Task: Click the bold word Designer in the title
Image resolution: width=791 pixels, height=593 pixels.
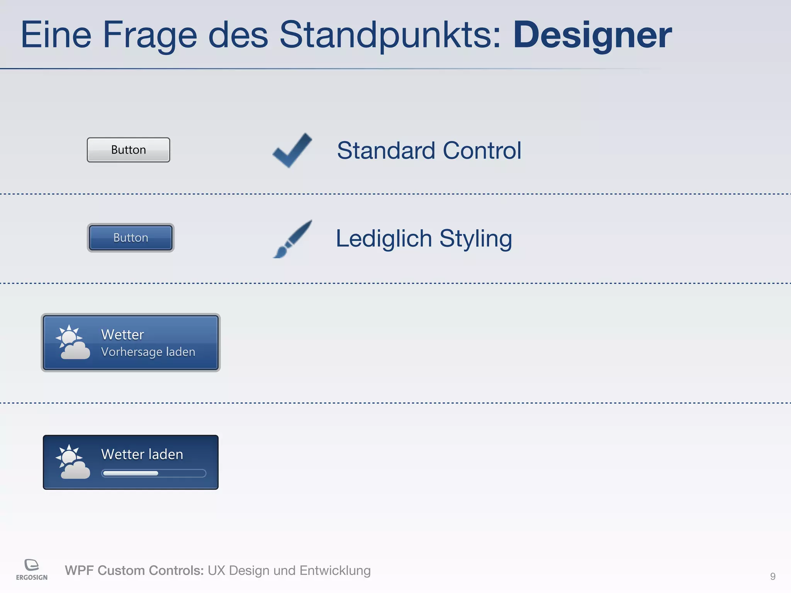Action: tap(592, 36)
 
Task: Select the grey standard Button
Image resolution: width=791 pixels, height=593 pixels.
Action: tap(128, 150)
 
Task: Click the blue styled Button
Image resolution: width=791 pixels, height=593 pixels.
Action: tap(131, 238)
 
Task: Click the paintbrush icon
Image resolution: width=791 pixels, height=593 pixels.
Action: tap(292, 239)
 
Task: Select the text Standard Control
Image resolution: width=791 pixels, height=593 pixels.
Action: tap(429, 150)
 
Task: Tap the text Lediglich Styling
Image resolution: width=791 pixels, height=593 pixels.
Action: tap(424, 239)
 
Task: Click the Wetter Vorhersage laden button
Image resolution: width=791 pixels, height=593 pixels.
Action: tap(131, 342)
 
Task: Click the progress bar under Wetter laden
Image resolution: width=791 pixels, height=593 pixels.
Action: tap(153, 473)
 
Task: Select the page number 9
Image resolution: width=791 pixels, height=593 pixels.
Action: tap(772, 576)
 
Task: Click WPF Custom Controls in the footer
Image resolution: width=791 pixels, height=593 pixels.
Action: tap(134, 570)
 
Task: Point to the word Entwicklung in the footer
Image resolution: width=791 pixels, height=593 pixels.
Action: tap(335, 570)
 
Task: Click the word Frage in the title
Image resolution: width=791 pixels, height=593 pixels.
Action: tap(150, 36)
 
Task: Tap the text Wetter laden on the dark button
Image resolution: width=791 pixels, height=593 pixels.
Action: tap(142, 454)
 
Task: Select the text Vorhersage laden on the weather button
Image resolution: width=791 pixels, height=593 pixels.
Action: tap(148, 352)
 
